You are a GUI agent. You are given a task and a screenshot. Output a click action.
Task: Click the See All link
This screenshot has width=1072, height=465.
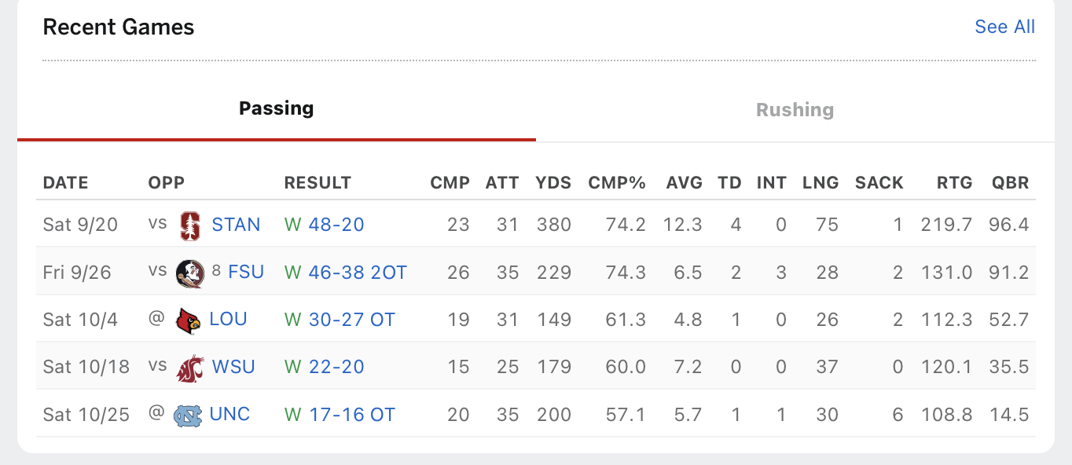pos(1004,27)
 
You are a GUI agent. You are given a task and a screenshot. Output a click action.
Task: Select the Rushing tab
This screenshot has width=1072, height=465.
pos(795,110)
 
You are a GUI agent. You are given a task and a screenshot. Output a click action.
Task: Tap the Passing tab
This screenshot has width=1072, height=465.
pos(276,108)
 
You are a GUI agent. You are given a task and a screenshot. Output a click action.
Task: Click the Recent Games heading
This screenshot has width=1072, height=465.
pos(119,27)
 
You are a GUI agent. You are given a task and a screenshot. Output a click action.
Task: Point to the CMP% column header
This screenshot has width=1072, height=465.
pos(617,183)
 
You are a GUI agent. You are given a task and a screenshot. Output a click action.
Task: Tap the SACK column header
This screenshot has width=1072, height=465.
pos(879,183)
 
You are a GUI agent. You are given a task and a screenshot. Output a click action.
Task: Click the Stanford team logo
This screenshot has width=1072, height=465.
pos(189,225)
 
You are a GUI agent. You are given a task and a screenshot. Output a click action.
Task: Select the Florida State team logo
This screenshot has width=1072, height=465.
pos(189,273)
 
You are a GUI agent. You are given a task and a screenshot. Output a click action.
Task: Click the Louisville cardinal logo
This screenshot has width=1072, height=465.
pos(189,320)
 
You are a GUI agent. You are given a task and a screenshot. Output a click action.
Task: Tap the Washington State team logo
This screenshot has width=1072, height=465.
pos(189,367)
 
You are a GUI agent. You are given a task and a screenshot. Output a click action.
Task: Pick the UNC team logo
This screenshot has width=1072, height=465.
pos(189,414)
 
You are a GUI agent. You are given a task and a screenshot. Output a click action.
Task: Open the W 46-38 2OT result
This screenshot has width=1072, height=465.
pos(346,273)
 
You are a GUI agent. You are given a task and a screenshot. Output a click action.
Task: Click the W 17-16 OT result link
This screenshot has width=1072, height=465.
pos(340,414)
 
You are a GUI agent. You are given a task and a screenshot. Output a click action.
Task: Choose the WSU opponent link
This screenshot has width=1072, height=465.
pos(233,367)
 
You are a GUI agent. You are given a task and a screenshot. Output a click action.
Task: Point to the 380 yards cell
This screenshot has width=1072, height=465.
pos(553,225)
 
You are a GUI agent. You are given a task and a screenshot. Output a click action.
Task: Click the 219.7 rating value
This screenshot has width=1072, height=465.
pos(946,225)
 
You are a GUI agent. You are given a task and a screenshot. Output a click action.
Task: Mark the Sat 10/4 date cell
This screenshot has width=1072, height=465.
pos(80,320)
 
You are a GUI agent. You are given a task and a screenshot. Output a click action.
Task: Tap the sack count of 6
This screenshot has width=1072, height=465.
pos(898,414)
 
